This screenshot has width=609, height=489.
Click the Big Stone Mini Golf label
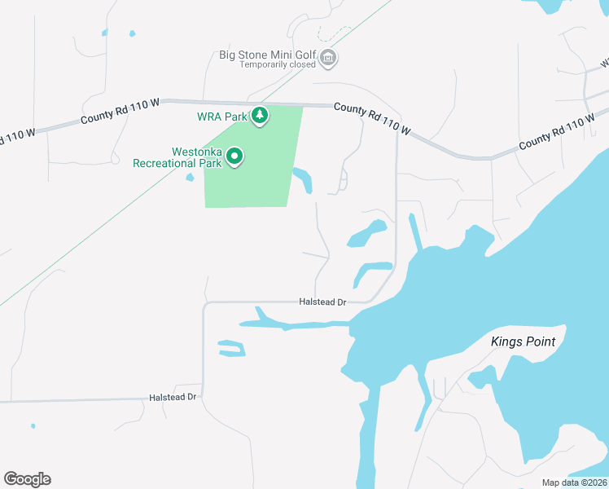266,55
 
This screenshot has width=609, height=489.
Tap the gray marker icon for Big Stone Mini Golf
328,57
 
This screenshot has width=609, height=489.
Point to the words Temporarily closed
278,65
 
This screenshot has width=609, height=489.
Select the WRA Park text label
221,117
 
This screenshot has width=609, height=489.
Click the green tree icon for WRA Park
260,116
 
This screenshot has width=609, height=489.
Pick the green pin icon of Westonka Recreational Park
235,156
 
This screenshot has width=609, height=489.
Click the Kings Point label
523,341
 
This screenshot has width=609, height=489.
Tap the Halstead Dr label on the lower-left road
173,397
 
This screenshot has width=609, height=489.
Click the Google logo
27,479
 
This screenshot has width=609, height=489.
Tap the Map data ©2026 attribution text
575,482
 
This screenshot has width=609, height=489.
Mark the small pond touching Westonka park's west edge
190,177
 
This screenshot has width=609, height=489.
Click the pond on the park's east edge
303,180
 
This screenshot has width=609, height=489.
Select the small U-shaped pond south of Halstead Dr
231,348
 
